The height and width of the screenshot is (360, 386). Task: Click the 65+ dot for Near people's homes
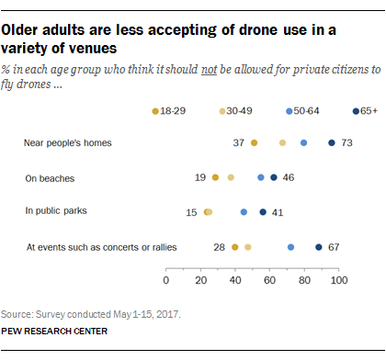click(x=331, y=142)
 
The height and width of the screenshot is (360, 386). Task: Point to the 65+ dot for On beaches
click(x=273, y=177)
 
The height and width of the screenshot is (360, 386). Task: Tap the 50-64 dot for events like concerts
click(x=290, y=247)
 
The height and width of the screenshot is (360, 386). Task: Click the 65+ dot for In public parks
click(x=263, y=212)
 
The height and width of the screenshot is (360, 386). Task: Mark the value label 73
click(x=347, y=142)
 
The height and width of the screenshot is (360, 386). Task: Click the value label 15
click(x=191, y=212)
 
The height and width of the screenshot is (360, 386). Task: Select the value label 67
click(x=336, y=247)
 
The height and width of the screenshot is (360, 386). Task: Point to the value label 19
click(x=199, y=177)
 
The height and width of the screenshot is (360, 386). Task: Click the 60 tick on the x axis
click(x=269, y=279)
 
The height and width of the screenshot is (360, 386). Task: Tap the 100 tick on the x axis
click(x=338, y=279)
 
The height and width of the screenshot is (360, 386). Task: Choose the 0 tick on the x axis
click(x=166, y=279)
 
